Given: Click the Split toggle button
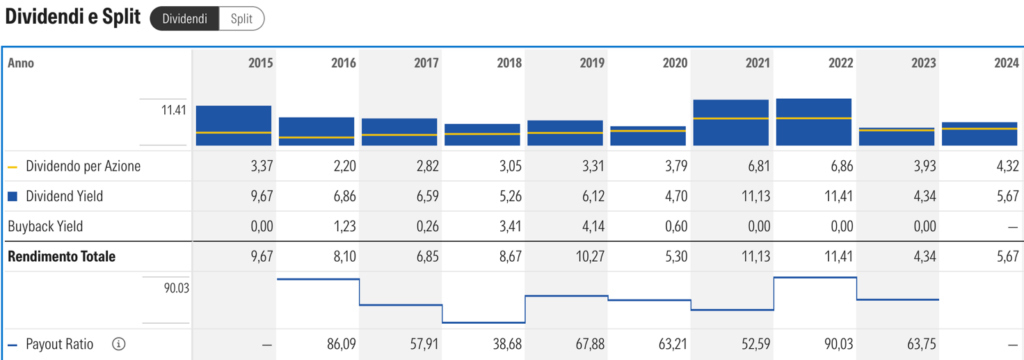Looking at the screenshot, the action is [242, 19].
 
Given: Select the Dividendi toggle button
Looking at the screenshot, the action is [185, 19].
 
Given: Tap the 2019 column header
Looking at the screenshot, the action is [592, 63].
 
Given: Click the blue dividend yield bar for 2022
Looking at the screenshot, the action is [814, 122].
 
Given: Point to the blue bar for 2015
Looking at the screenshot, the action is [233, 125].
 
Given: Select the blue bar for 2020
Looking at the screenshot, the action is [648, 135].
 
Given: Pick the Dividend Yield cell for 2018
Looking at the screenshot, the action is [509, 197].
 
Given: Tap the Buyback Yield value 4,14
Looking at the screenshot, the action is [592, 227].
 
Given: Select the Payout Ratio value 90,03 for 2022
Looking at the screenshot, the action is [838, 344].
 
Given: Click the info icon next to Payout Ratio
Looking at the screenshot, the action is [118, 344].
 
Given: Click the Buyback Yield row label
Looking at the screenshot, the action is [46, 227].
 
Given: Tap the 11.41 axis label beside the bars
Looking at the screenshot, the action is [174, 110].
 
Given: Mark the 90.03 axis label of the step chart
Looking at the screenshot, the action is [176, 287].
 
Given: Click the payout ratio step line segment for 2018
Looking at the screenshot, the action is [484, 322].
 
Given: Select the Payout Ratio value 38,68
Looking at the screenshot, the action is [507, 344].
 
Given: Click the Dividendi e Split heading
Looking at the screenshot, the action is [72, 18].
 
